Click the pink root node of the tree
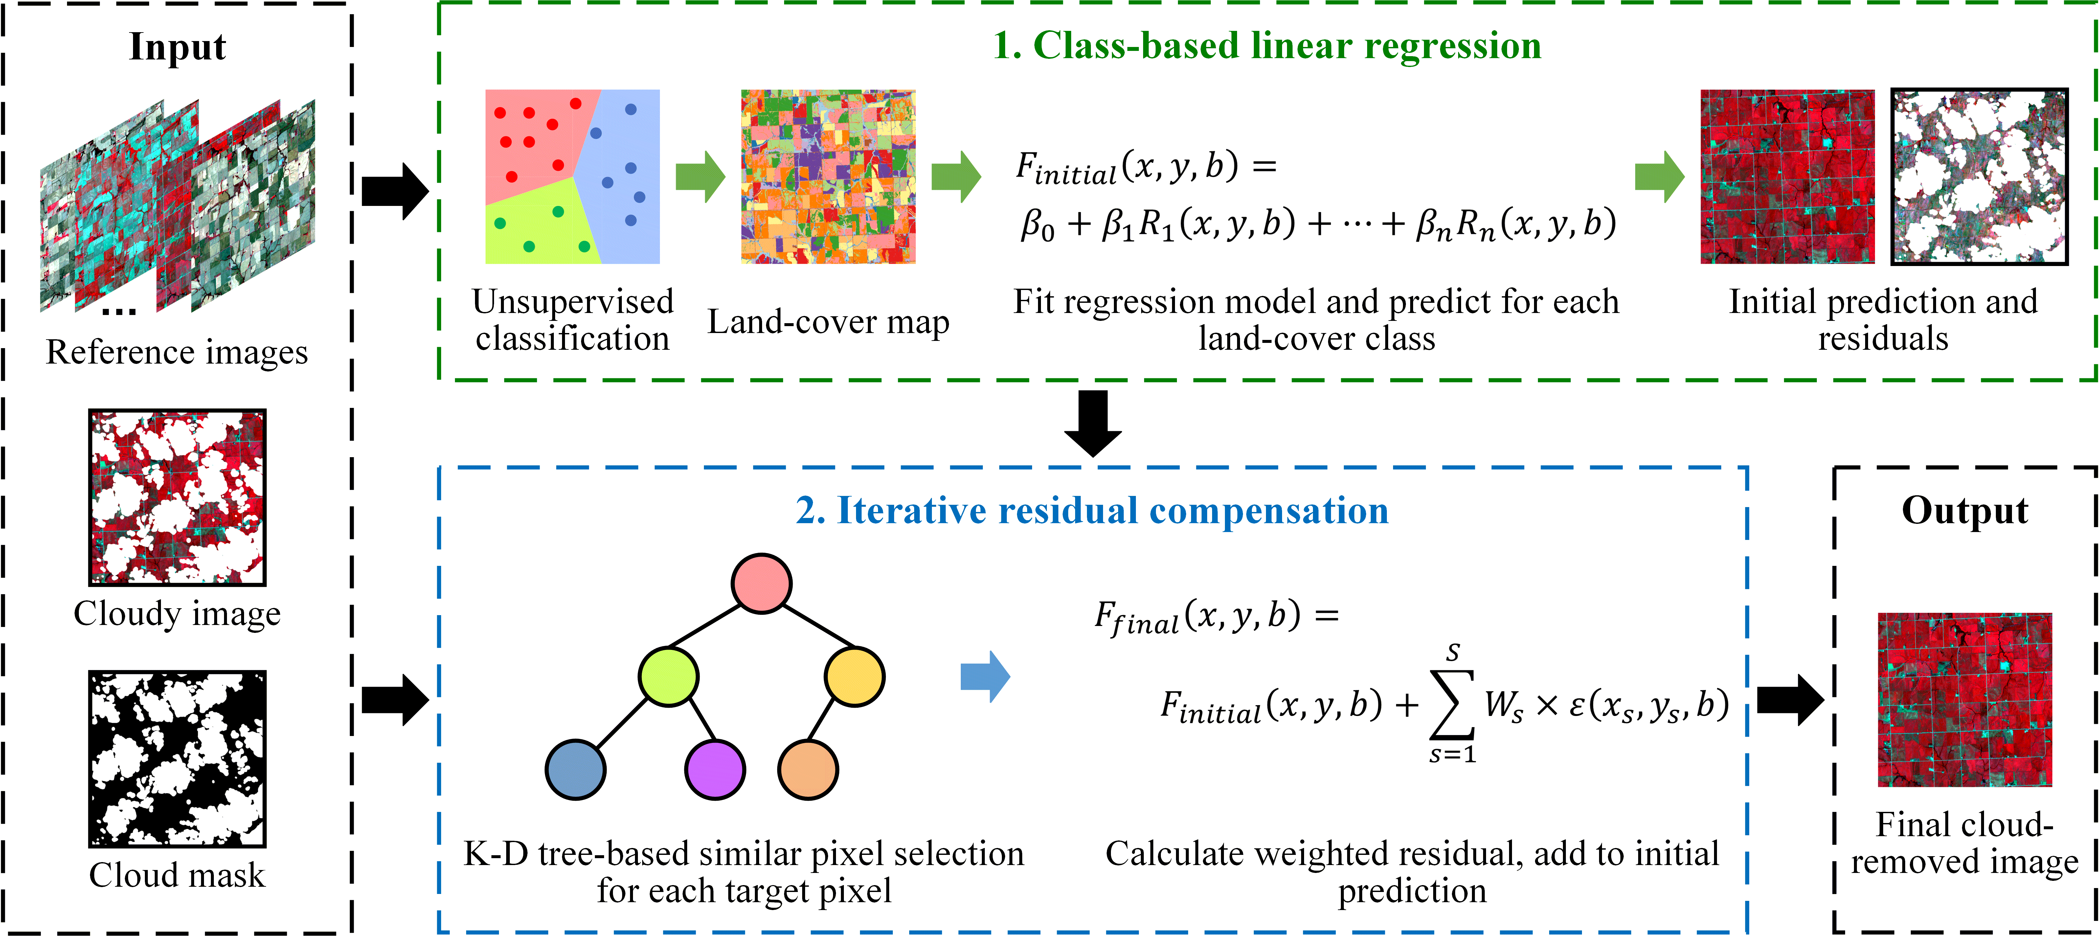[x=761, y=583]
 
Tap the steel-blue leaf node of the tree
[x=575, y=769]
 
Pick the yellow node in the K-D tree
[x=854, y=676]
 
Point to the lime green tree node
[x=668, y=676]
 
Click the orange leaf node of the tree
[x=807, y=769]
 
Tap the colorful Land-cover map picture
[x=828, y=177]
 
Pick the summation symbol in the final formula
[x=1453, y=704]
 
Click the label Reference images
[x=177, y=352]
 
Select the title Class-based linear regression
[x=1267, y=46]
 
